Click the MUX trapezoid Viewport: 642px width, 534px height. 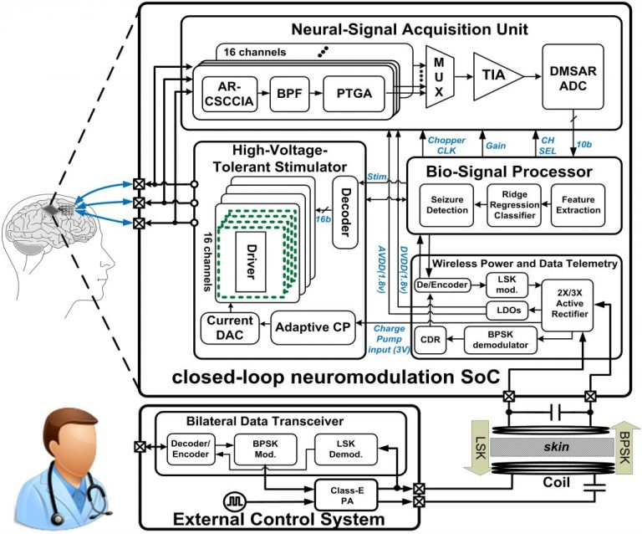tap(437, 77)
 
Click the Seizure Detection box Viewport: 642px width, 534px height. tap(445, 204)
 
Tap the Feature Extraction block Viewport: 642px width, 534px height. tap(578, 204)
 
